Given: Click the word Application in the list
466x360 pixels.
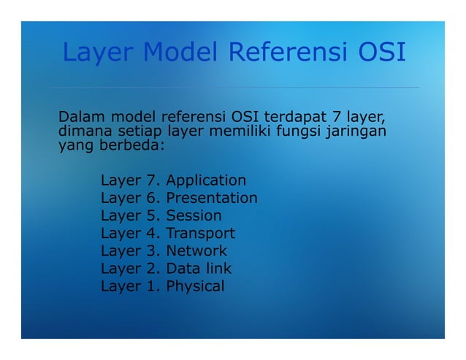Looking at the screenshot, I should (206, 180).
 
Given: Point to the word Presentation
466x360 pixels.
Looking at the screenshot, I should (212, 198).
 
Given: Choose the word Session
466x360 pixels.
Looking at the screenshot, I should (194, 215).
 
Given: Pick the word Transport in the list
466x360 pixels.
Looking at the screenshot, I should (200, 233).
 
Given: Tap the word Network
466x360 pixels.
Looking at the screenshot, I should (196, 250).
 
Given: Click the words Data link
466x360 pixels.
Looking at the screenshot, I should (199, 268).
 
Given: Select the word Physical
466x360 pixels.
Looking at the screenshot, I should (195, 286).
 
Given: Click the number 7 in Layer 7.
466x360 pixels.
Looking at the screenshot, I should (152, 180).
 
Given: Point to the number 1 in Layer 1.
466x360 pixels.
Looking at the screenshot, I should (152, 286).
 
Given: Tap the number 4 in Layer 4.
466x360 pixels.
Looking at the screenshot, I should (152, 233).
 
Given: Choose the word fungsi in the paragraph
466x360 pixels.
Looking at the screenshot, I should (302, 131).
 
